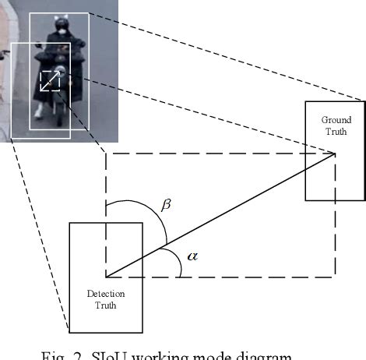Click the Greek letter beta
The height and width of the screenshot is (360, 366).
click(x=165, y=206)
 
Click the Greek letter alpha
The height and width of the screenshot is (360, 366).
click(x=192, y=255)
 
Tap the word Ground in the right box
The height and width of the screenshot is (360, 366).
click(x=336, y=120)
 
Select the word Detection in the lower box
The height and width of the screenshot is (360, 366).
click(x=106, y=295)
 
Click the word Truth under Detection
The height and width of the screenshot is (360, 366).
click(x=106, y=305)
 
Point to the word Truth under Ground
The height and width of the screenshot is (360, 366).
click(x=336, y=131)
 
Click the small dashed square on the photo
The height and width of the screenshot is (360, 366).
click(x=50, y=80)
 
